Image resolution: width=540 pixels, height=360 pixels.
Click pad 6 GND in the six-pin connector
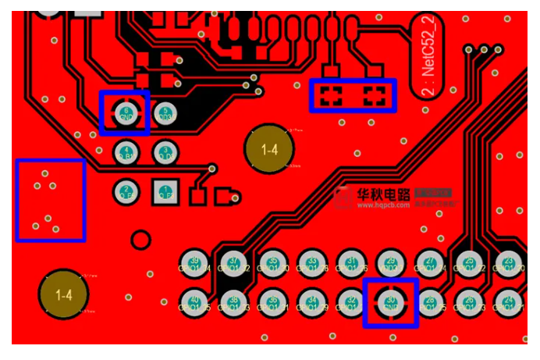126,113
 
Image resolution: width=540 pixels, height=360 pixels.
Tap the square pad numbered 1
164,191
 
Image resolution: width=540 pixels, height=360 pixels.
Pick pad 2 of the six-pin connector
126,191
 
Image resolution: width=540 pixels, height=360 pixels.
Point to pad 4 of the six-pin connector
126,151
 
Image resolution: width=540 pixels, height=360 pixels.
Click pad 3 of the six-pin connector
164,151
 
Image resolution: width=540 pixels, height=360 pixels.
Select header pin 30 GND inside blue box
390,301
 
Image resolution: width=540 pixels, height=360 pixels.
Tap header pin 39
194,262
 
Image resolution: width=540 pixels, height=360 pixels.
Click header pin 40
194,301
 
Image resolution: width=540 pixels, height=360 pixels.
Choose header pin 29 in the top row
390,262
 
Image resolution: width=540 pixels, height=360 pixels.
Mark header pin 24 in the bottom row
509,301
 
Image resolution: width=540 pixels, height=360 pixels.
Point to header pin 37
233,262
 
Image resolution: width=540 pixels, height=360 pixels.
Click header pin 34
312,301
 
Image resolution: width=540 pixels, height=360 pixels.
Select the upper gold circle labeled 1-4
269,149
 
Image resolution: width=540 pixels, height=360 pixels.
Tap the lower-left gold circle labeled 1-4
64,295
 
